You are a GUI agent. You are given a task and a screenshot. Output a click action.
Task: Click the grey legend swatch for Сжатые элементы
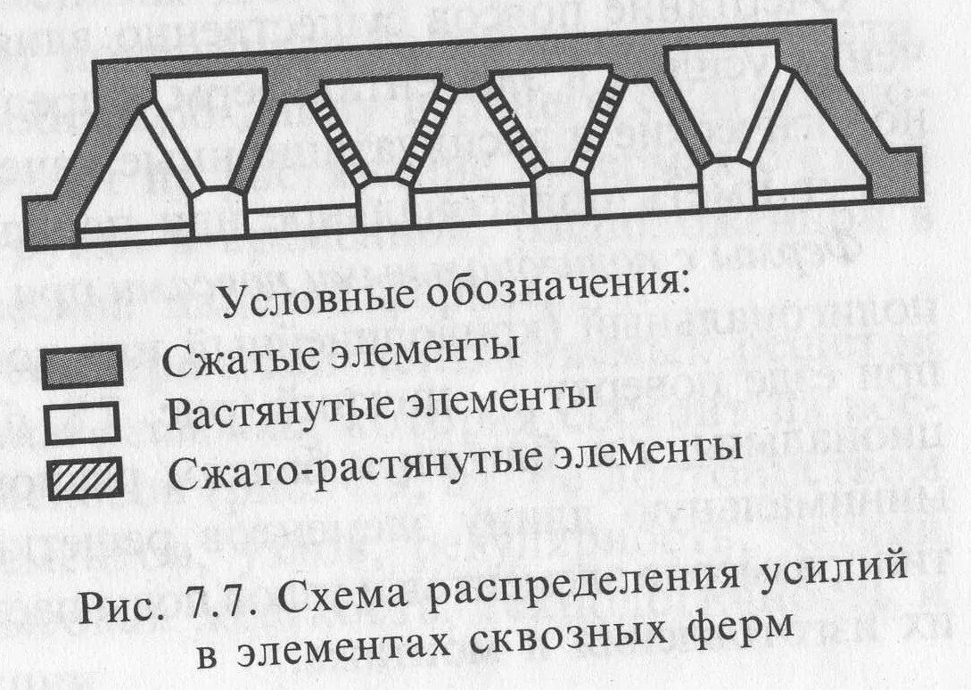pyautogui.click(x=82, y=366)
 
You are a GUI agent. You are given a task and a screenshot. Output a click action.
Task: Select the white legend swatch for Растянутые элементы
pyautogui.click(x=81, y=423)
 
